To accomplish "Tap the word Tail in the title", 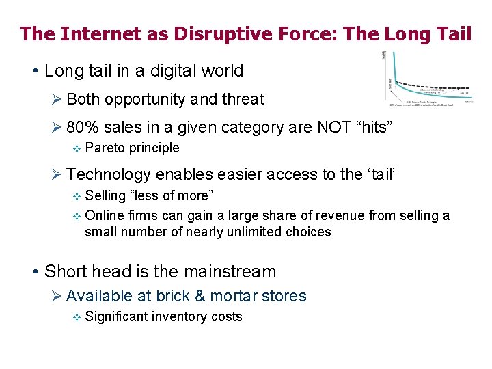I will tap(452, 33).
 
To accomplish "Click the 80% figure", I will tap(81, 127).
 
